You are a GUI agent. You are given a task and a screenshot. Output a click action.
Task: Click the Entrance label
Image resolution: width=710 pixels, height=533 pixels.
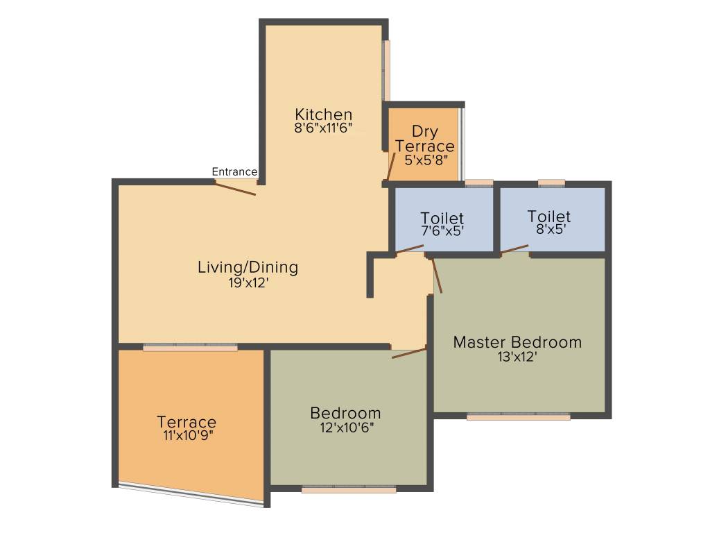pyautogui.click(x=234, y=171)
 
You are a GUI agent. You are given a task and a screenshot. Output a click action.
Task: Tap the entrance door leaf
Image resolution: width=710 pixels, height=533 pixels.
pyautogui.click(x=236, y=187)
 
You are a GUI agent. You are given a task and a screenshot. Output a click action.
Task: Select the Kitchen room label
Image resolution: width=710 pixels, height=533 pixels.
pyautogui.click(x=323, y=115)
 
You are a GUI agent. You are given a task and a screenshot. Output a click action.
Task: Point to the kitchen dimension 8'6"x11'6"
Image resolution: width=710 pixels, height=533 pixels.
pyautogui.click(x=323, y=128)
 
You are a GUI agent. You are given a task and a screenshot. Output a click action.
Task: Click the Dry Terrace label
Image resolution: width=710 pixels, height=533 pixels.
pyautogui.click(x=424, y=139)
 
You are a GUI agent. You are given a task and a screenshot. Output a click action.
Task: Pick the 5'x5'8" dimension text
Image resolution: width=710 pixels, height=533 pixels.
pyautogui.click(x=424, y=159)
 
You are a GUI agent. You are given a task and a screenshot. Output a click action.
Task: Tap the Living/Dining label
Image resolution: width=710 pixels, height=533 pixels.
pyautogui.click(x=248, y=266)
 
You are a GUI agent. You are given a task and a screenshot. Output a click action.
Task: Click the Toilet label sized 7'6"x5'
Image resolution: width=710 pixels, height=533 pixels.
pyautogui.click(x=442, y=219)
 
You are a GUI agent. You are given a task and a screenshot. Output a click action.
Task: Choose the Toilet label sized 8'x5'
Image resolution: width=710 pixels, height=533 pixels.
pyautogui.click(x=548, y=216)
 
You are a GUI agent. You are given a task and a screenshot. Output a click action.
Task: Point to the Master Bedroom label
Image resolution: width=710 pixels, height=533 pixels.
pyautogui.click(x=517, y=342)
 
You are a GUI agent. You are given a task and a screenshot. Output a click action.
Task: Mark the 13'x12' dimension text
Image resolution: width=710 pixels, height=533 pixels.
pyautogui.click(x=517, y=357)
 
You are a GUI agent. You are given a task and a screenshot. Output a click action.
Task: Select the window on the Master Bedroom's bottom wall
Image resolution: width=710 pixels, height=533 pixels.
pyautogui.click(x=519, y=416)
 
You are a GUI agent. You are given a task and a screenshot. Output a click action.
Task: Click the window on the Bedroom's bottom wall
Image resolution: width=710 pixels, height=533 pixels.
pyautogui.click(x=349, y=489)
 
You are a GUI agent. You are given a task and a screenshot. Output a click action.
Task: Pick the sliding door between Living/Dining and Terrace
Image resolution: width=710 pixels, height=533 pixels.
pyautogui.click(x=190, y=347)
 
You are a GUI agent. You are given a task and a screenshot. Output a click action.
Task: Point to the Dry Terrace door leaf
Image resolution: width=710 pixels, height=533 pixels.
pyautogui.click(x=392, y=167)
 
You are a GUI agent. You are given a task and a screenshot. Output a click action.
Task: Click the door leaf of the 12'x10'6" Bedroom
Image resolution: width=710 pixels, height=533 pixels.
pyautogui.click(x=409, y=353)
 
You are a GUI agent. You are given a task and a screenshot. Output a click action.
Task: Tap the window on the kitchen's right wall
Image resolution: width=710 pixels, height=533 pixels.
pyautogui.click(x=387, y=70)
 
